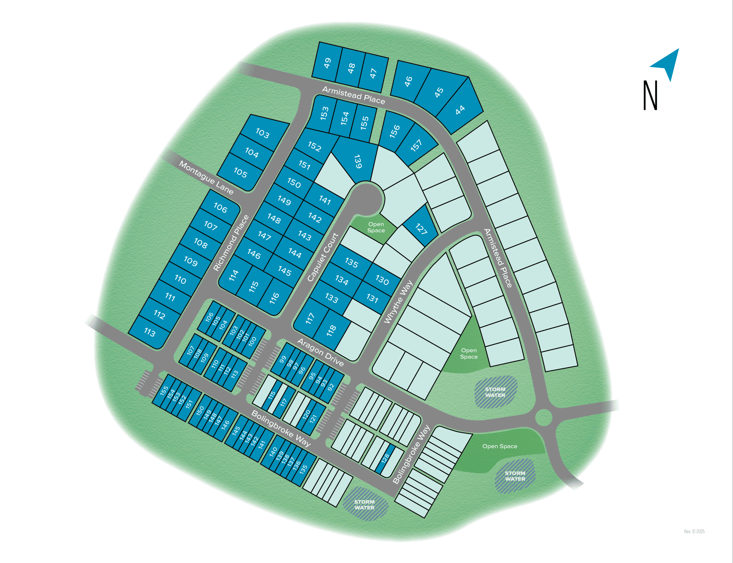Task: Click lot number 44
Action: pyautogui.click(x=460, y=110)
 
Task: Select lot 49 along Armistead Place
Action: pyautogui.click(x=327, y=63)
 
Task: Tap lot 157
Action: pyautogui.click(x=416, y=145)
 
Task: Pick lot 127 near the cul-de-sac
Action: pyautogui.click(x=421, y=229)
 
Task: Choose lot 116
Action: pyautogui.click(x=274, y=298)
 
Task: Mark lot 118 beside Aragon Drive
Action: pyautogui.click(x=331, y=331)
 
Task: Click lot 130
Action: pyautogui.click(x=382, y=280)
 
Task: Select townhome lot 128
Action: pyautogui.click(x=385, y=458)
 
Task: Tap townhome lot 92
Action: pyautogui.click(x=331, y=387)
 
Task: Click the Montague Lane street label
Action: pyautogui.click(x=206, y=178)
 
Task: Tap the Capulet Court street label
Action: pyautogui.click(x=323, y=257)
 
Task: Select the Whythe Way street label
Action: pyautogui.click(x=398, y=302)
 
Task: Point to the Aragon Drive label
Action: pyautogui.click(x=320, y=352)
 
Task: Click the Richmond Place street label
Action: pyautogui.click(x=231, y=243)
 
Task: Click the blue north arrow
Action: pyautogui.click(x=667, y=63)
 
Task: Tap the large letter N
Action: pyautogui.click(x=650, y=95)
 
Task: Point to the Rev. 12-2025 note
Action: pyautogui.click(x=694, y=531)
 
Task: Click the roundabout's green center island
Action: pyautogui.click(x=544, y=417)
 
